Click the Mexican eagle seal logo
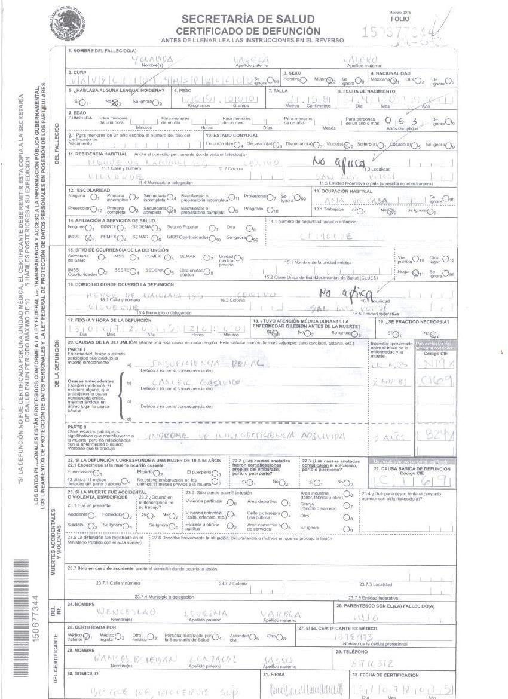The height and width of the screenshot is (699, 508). point(68,24)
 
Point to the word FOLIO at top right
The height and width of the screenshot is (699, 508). point(400,19)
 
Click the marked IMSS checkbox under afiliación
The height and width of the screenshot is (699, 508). point(88,238)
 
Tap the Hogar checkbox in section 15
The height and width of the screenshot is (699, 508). point(421,273)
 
